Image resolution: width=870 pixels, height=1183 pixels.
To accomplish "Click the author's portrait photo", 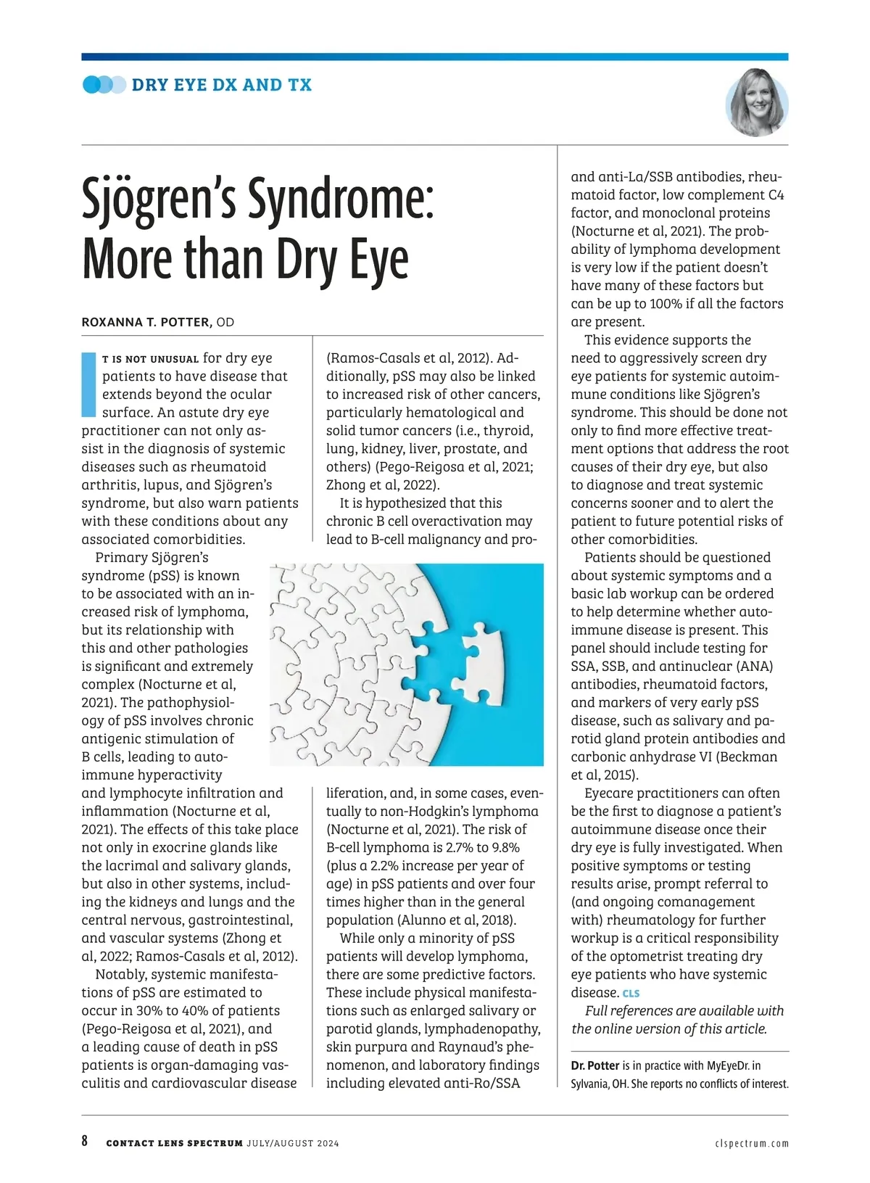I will click(756, 103).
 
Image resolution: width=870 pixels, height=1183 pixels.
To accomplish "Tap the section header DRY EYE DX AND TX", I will click(221, 85).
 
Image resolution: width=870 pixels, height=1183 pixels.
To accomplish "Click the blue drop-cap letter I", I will click(88, 384).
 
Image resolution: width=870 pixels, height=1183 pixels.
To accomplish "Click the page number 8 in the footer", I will click(85, 1141).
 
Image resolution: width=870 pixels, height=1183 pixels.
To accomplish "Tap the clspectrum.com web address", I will click(751, 1143).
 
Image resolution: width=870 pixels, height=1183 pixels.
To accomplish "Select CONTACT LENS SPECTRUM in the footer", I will click(174, 1143).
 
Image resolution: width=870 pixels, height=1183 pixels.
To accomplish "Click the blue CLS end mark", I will click(631, 993).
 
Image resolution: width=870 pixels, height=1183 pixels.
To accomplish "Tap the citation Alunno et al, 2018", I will click(456, 920).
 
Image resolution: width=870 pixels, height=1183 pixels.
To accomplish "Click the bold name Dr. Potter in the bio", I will click(594, 1065).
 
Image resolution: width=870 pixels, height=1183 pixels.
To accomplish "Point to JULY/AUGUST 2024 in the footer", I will click(292, 1143).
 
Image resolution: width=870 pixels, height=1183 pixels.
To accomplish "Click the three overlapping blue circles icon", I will click(104, 85).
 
